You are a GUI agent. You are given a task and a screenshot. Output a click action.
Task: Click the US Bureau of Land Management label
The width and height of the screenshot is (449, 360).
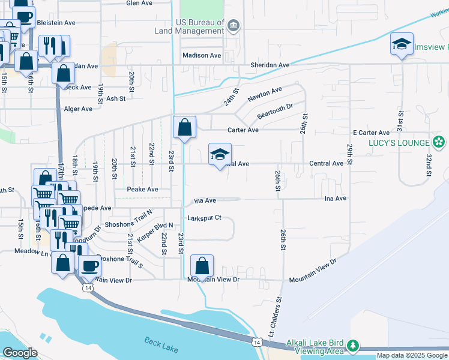(x=200, y=26)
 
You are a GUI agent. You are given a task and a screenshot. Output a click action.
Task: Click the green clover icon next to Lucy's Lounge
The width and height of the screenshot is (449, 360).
(x=439, y=142)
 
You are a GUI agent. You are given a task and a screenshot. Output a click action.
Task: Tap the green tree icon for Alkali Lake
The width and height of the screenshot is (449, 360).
(x=354, y=346)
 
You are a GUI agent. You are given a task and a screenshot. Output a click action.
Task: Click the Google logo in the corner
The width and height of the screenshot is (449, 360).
(x=20, y=353)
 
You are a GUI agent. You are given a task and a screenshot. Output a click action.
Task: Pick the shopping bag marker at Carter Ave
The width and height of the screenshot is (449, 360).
(x=184, y=127)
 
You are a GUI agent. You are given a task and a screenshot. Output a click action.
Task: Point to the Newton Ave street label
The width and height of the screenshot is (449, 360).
(x=265, y=94)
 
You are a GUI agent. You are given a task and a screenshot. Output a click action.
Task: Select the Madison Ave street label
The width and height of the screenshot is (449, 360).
(x=202, y=55)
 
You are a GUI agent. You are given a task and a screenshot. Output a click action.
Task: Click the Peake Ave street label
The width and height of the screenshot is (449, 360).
(x=142, y=189)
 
